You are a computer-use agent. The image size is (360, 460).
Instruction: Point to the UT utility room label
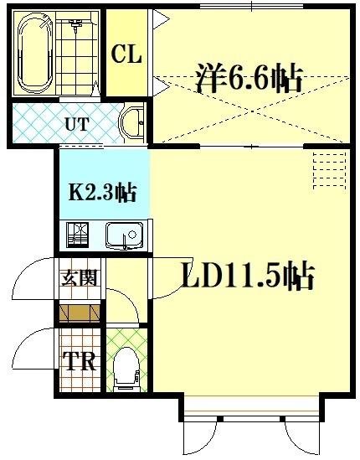click(77, 125)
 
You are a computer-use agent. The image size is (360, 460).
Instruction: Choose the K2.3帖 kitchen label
click(102, 192)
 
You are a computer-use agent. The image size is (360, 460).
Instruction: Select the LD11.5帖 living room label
click(248, 276)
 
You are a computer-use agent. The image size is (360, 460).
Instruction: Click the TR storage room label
click(80, 363)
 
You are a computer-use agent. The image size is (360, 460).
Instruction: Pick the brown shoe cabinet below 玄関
click(80, 313)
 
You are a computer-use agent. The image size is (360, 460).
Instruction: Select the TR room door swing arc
click(33, 348)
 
